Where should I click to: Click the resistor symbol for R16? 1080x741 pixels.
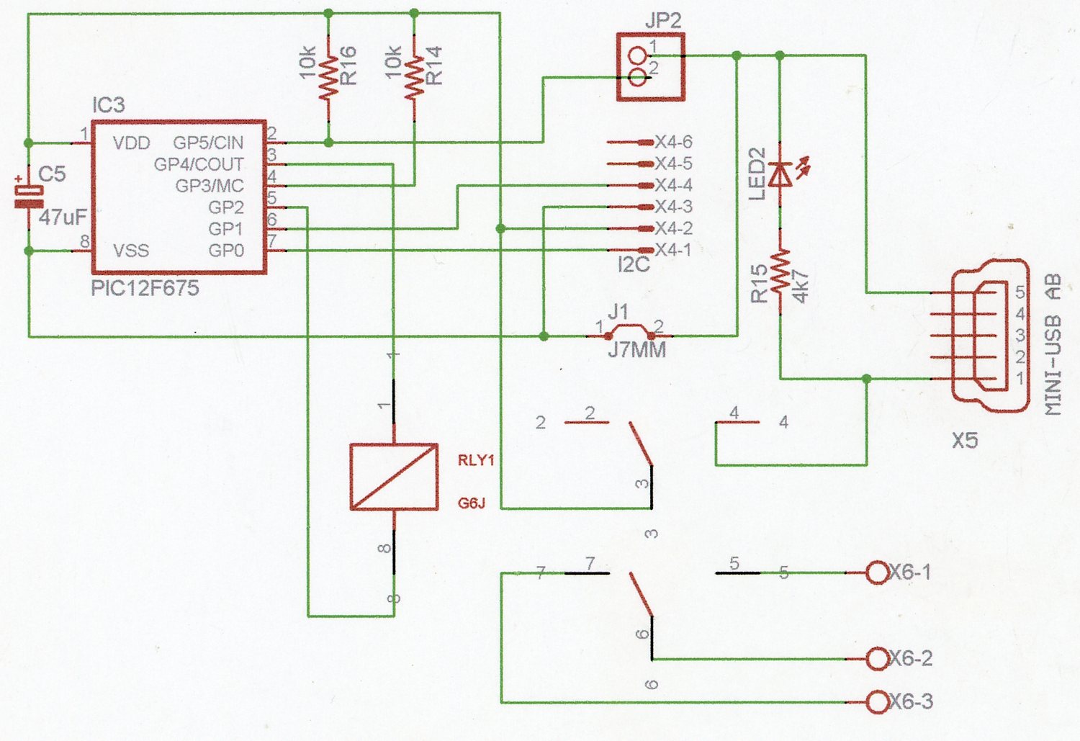pyautogui.click(x=328, y=77)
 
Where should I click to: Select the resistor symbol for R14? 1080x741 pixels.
pyautogui.click(x=414, y=77)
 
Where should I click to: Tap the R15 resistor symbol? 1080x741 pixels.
pyautogui.click(x=780, y=271)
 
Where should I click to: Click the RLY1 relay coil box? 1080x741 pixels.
pyautogui.click(x=394, y=477)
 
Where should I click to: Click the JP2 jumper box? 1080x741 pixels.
pyautogui.click(x=650, y=66)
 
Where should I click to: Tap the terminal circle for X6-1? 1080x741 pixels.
pyautogui.click(x=877, y=572)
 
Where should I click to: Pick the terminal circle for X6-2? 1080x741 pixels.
pyautogui.click(x=877, y=658)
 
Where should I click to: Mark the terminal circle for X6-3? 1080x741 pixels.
pyautogui.click(x=877, y=701)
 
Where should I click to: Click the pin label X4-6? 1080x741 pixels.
pyautogui.click(x=673, y=143)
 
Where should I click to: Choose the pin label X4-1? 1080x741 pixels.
pyautogui.click(x=673, y=251)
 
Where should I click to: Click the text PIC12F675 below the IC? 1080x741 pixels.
pyautogui.click(x=145, y=289)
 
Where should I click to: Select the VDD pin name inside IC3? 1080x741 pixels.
pyautogui.click(x=131, y=143)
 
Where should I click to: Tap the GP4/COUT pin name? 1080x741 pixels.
pyautogui.click(x=199, y=165)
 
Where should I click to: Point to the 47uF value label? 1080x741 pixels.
pyautogui.click(x=63, y=217)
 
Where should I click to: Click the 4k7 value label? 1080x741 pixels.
pyautogui.click(x=801, y=286)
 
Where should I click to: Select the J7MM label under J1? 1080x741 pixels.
pyautogui.click(x=637, y=351)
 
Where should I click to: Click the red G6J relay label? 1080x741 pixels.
pyautogui.click(x=472, y=503)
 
